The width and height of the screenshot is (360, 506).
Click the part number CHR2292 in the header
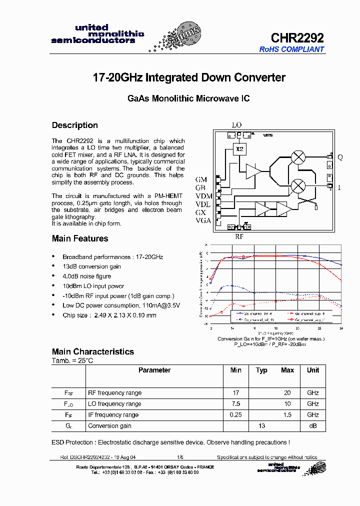pos(297,37)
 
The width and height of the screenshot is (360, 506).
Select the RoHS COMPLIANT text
pos(291,49)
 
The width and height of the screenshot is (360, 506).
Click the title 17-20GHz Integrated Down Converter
pos(189,77)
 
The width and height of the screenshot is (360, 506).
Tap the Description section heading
pos(75,125)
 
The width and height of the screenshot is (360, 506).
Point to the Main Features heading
pos(80,238)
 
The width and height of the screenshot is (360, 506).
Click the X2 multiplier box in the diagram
pos(239,149)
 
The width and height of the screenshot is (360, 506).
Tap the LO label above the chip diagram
pos(237,125)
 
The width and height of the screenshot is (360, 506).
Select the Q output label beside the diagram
pos(340,157)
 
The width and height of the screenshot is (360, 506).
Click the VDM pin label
pos(203,195)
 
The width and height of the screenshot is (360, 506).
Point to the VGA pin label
pos(203,220)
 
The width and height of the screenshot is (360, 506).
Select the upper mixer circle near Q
pos(298,156)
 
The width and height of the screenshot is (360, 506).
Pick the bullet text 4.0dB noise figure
pos(87,276)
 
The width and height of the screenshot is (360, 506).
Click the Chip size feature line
pos(109,315)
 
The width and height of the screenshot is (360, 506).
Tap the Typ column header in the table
pos(261,370)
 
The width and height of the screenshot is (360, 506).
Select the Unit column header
pos(313,370)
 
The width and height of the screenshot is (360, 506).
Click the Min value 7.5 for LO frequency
pos(236,404)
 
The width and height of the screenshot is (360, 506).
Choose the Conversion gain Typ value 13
pos(261,426)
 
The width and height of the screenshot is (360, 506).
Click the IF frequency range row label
pos(113,415)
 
